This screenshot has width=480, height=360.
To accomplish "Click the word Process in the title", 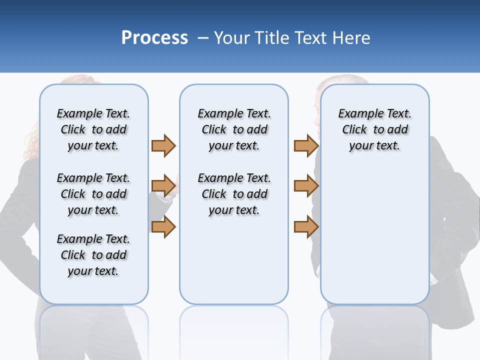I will tap(154, 37).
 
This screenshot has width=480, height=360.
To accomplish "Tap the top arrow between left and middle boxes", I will tap(163, 145).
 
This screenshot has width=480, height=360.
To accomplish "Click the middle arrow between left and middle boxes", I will tap(163, 186).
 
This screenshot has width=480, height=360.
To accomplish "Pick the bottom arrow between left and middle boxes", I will tap(163, 227).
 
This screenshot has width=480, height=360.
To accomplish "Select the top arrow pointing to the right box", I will tap(306, 145).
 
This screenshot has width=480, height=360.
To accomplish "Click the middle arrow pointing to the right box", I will tap(306, 186).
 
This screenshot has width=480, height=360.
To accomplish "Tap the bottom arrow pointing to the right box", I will tap(306, 227).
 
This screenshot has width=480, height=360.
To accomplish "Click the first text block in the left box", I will tap(93, 129).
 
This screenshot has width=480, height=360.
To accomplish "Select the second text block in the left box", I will tap(93, 194).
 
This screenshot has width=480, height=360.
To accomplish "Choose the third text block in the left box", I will tap(93, 255).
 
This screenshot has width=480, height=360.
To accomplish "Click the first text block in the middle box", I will tap(234, 129).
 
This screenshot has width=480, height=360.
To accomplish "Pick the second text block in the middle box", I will tap(234, 194).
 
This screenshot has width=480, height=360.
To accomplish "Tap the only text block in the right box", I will tap(374, 129).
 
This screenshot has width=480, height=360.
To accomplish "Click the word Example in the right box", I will tap(356, 114).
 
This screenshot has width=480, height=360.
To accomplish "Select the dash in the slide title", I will tap(203, 38).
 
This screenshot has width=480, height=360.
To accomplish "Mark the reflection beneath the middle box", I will tap(234, 330).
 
